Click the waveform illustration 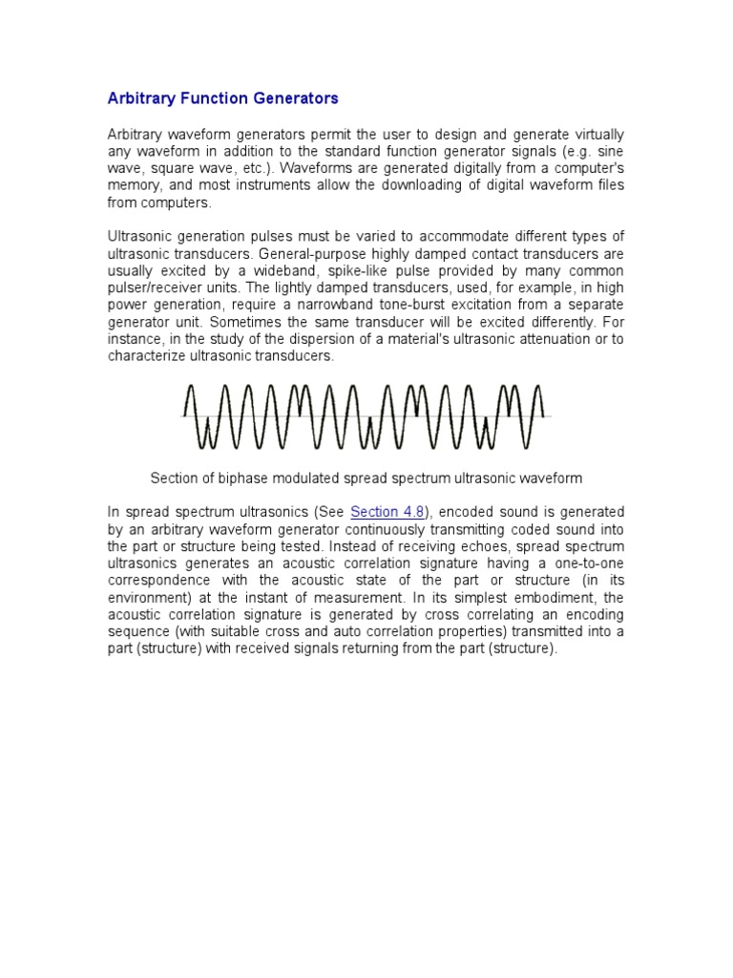(x=366, y=416)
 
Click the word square (x=159, y=168)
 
